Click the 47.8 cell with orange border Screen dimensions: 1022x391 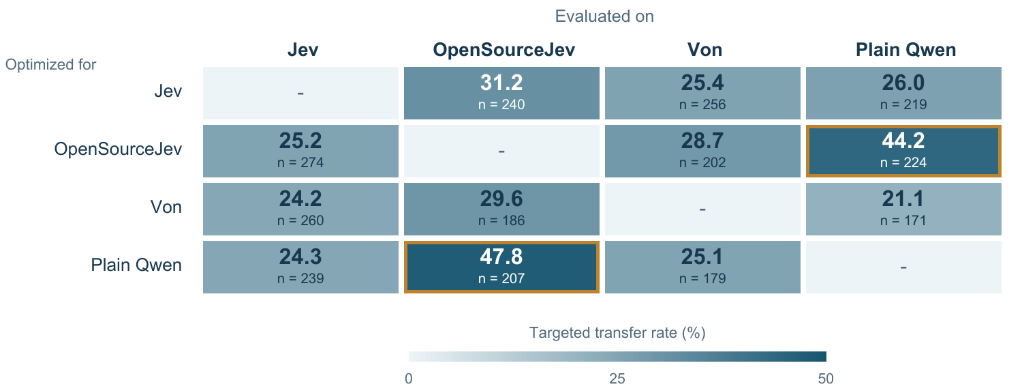click(x=501, y=267)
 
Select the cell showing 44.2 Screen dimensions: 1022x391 click(x=903, y=151)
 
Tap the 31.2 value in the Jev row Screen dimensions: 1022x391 click(x=501, y=83)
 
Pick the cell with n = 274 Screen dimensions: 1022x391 click(x=300, y=151)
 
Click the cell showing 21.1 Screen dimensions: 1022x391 click(x=903, y=209)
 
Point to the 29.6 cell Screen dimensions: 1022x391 click(x=501, y=209)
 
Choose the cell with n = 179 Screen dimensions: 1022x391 click(x=702, y=267)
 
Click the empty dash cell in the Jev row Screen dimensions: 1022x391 click(x=300, y=93)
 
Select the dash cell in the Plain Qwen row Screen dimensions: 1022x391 click(x=903, y=267)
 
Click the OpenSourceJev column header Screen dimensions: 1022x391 click(x=504, y=50)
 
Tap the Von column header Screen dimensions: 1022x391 click(x=705, y=50)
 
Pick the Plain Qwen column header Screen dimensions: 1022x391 click(x=905, y=50)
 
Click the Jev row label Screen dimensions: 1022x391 click(x=168, y=91)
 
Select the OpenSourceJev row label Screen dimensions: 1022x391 click(x=118, y=149)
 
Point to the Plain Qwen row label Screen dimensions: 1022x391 click(x=136, y=265)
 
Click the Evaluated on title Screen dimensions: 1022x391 click(x=604, y=16)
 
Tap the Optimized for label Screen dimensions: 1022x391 click(x=50, y=64)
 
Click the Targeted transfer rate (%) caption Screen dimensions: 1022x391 click(x=617, y=333)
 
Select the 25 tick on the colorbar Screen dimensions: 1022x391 click(x=617, y=379)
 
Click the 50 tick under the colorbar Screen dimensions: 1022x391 click(x=826, y=379)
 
